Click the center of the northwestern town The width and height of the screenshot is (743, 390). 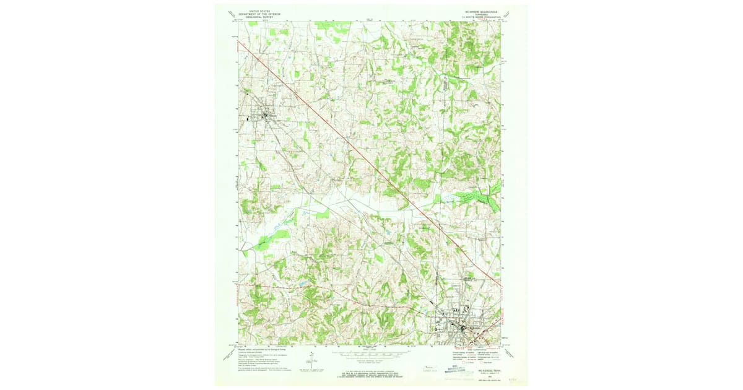point(268,116)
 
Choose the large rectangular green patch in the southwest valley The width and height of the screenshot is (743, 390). point(280,236)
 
